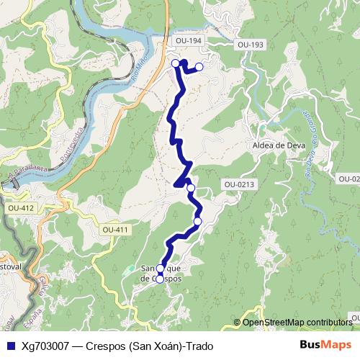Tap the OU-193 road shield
pos(250,45)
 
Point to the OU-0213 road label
pos(239,184)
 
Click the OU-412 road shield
pos(20,208)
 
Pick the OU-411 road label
pos(115,230)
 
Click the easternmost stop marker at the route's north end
pos(199,67)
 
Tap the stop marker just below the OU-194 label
pos(175,63)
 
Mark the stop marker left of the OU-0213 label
pos(191,188)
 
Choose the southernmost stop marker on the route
pos(160,279)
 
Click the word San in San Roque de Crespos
pos(149,267)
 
